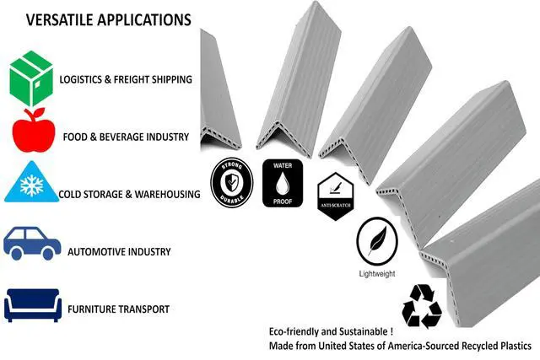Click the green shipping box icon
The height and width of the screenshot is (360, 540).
tap(31, 78)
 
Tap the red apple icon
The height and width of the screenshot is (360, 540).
tap(34, 130)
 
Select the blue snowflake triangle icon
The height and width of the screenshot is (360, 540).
tap(31, 182)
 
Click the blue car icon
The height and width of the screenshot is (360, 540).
tap(32, 243)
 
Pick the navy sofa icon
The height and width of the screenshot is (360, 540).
tap(33, 305)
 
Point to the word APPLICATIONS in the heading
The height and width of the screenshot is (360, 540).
tap(144, 20)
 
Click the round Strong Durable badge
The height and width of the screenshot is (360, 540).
tap(232, 182)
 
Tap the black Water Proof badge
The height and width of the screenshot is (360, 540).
tap(283, 183)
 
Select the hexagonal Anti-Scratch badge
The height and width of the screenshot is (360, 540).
tap(336, 196)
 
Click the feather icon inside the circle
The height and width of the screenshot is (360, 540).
tap(378, 240)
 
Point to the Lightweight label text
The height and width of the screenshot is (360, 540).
tap(377, 274)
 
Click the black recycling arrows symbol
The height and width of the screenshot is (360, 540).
tap(422, 306)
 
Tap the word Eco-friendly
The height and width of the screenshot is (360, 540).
tap(294, 332)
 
